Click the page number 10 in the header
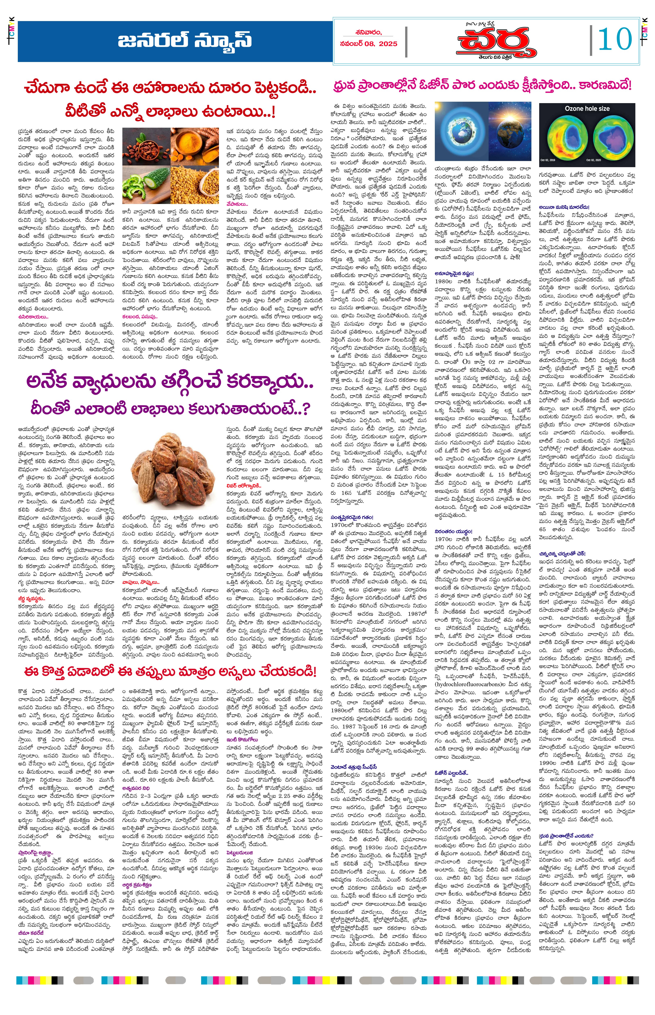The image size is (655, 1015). (x=615, y=39)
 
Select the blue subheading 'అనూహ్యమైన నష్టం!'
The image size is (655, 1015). (x=454, y=273)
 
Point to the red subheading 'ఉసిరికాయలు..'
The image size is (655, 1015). (x=33, y=316)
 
